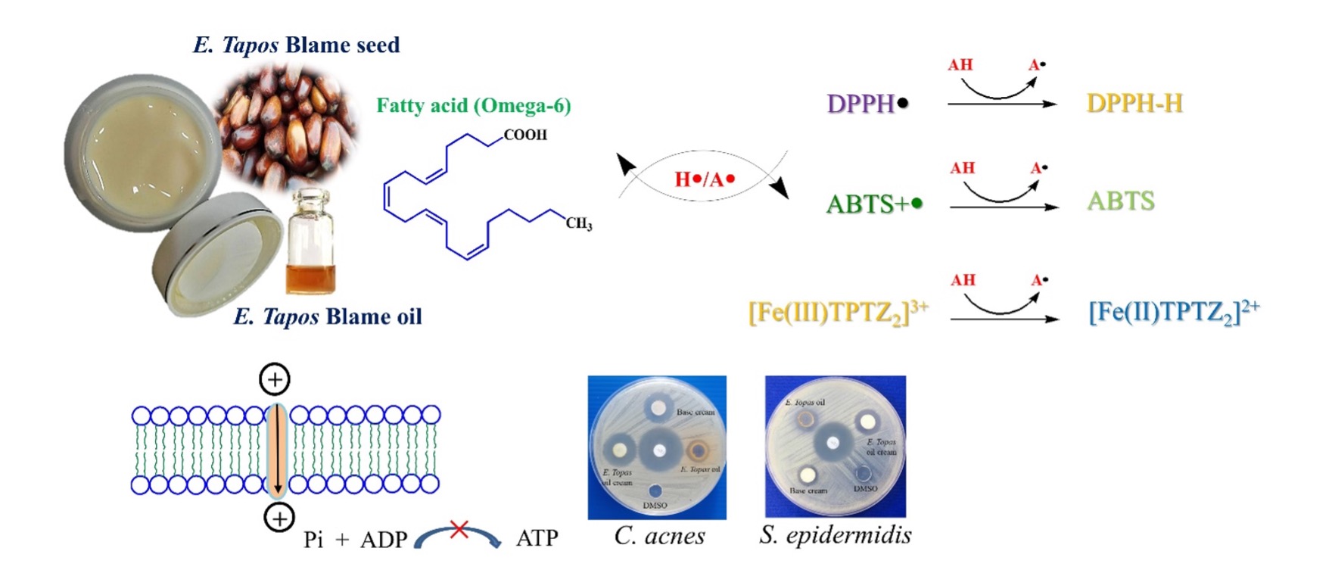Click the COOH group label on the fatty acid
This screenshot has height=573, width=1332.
pyautogui.click(x=524, y=135)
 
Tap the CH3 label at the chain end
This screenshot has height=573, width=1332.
pyautogui.click(x=579, y=224)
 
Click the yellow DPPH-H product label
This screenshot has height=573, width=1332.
pyautogui.click(x=1134, y=103)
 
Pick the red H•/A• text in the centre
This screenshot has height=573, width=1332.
pyautogui.click(x=705, y=179)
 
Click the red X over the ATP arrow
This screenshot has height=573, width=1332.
pyautogui.click(x=459, y=529)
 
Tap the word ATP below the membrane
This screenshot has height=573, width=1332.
pyautogui.click(x=537, y=538)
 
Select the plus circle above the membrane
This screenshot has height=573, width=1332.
pyautogui.click(x=275, y=379)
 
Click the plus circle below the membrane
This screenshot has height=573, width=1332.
pyautogui.click(x=279, y=519)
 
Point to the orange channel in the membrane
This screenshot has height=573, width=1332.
pyautogui.click(x=278, y=450)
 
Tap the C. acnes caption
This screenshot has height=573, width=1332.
pyautogui.click(x=659, y=536)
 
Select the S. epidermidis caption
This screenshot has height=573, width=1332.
pyautogui.click(x=835, y=535)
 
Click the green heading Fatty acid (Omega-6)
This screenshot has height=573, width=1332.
pyautogui.click(x=474, y=105)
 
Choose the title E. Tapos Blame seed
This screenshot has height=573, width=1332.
pyautogui.click(x=296, y=45)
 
